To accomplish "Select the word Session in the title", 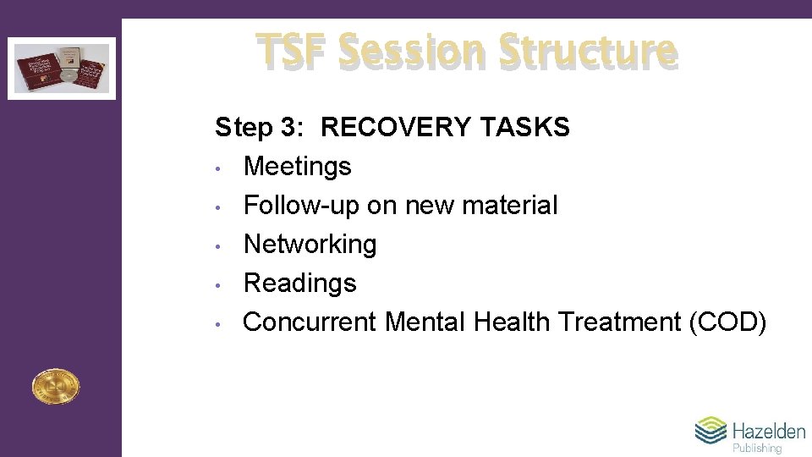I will [x=412, y=51].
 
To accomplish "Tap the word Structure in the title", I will [x=588, y=51].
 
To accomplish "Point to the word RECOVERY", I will [x=396, y=128].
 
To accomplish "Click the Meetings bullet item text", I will [x=297, y=167].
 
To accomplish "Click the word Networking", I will [x=310, y=245].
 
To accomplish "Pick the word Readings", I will [x=299, y=284].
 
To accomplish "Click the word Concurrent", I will [x=310, y=322].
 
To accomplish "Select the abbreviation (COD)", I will [x=728, y=322].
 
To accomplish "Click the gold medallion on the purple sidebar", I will [x=55, y=387].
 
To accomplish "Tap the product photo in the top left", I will [x=61, y=68].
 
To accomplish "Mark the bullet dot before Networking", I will [x=218, y=246].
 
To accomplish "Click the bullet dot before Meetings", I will [x=218, y=168].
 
